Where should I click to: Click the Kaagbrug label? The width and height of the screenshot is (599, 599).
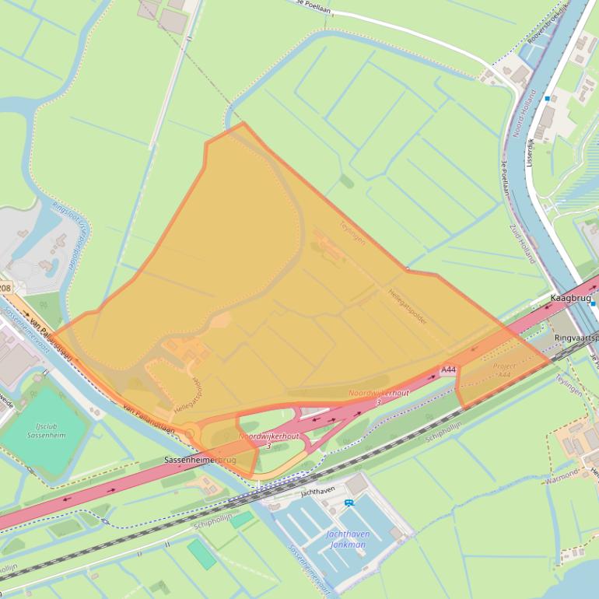click(x=571, y=298)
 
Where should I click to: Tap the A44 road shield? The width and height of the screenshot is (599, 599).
click(x=448, y=370)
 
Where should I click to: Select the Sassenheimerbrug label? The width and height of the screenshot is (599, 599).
click(x=200, y=461)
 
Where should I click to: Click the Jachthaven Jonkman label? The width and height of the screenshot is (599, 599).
click(x=346, y=539)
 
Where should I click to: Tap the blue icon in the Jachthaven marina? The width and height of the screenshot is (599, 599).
click(x=349, y=503)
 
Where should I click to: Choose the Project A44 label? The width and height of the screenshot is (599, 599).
click(x=505, y=370)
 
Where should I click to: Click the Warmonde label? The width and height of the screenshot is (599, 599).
click(x=562, y=472)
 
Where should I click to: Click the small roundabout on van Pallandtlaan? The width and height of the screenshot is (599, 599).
click(x=189, y=433)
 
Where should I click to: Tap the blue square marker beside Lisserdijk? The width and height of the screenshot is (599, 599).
click(x=548, y=99)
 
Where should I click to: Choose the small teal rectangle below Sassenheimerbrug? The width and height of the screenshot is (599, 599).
click(x=241, y=519)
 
